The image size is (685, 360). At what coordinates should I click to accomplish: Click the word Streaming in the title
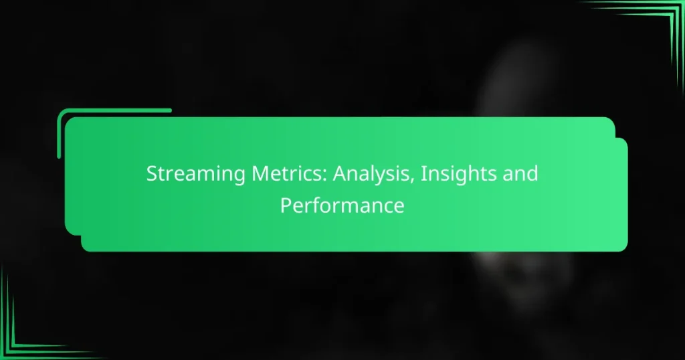[187, 175]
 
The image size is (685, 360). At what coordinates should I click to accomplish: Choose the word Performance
[342, 205]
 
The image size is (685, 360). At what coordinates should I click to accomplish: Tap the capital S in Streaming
[153, 175]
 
